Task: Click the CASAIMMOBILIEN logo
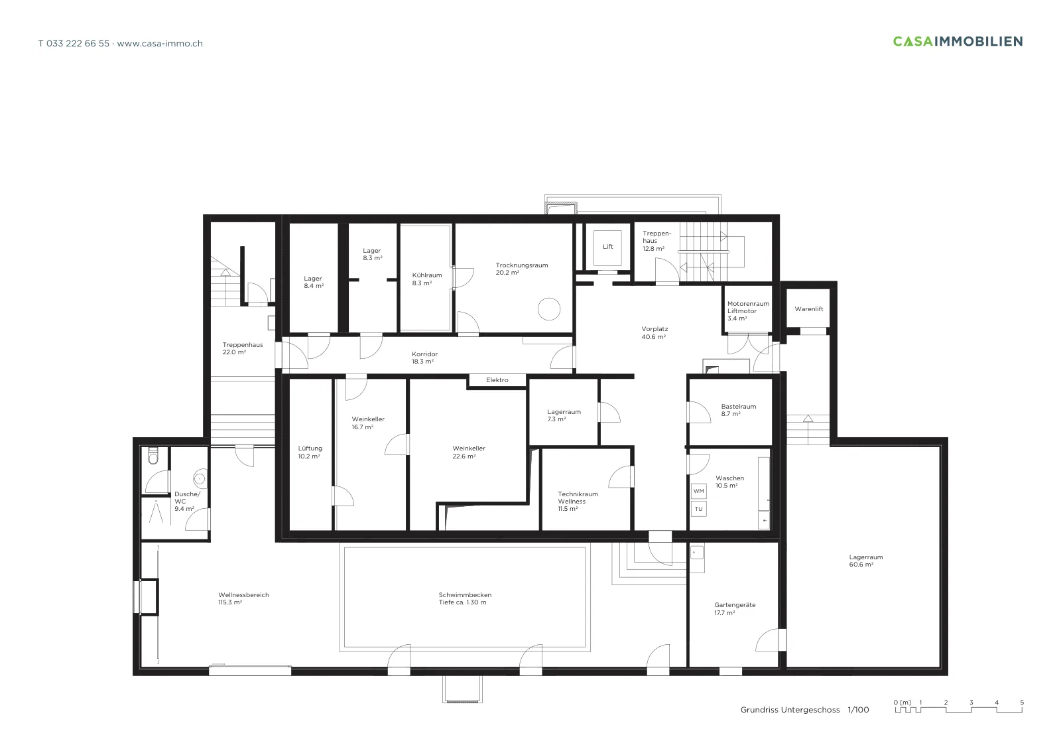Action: [958, 42]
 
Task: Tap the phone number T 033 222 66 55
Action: [74, 44]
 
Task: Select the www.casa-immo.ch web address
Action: [160, 44]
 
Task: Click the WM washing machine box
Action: [699, 492]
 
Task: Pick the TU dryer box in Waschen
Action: [699, 509]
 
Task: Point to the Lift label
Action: [607, 247]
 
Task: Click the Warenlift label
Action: [809, 309]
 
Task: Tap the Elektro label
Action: [497, 380]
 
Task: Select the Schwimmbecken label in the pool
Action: [465, 595]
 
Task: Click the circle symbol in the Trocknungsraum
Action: [549, 309]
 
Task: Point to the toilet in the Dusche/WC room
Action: [153, 455]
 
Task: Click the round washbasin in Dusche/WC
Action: [200, 479]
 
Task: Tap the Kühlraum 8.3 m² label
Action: [427, 279]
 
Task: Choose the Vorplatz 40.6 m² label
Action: [655, 332]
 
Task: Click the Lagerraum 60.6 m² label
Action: [866, 561]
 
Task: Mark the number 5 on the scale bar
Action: [1022, 703]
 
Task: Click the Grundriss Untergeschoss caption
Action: [790, 710]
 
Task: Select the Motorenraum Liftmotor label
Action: [749, 308]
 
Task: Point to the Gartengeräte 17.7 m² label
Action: [735, 609]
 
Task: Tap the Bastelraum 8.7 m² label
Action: [739, 410]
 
